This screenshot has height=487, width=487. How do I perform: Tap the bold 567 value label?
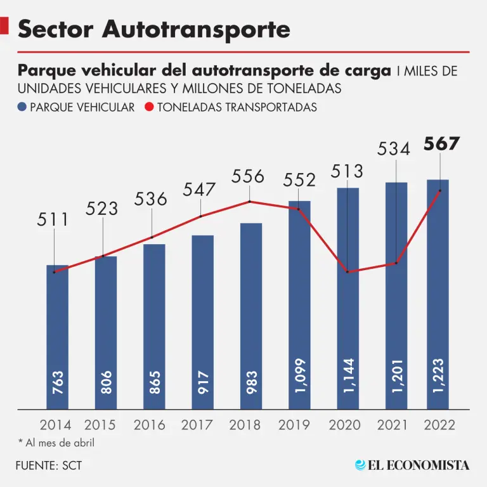pyautogui.click(x=441, y=144)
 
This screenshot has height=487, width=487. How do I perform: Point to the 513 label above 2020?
pyautogui.click(x=347, y=171)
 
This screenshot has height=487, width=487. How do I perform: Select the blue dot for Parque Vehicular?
pyautogui.click(x=23, y=107)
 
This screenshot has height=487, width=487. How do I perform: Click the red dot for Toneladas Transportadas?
pyautogui.click(x=150, y=107)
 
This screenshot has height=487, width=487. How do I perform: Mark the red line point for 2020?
pyautogui.click(x=347, y=271)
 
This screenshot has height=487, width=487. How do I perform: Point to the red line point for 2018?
pyautogui.click(x=250, y=202)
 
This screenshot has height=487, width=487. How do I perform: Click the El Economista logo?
pyautogui.click(x=412, y=465)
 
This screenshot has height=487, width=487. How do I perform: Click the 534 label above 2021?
pyautogui.click(x=394, y=150)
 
